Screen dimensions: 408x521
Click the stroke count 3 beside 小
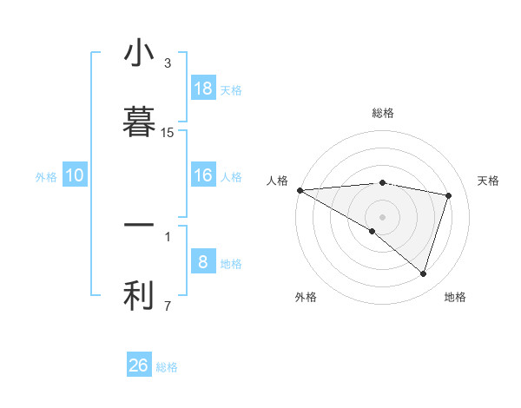point(168,63)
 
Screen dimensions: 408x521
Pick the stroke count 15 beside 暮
point(168,133)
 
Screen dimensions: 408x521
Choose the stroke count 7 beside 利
point(168,306)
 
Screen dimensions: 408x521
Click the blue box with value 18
point(203,89)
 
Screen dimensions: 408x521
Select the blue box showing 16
point(203,175)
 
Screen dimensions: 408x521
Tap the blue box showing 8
point(203,262)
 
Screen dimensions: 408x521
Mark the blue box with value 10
point(75,175)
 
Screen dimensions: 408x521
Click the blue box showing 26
point(139,365)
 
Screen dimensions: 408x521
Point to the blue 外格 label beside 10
point(46,177)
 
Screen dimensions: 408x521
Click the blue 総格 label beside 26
point(167,367)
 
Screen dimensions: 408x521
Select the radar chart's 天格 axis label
point(489,181)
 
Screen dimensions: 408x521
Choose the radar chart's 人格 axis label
point(277,181)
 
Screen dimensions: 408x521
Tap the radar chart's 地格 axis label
point(455,297)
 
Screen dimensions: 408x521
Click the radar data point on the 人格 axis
point(300,190)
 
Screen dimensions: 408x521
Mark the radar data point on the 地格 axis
point(423,274)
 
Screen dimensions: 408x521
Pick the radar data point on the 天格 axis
point(449,195)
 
